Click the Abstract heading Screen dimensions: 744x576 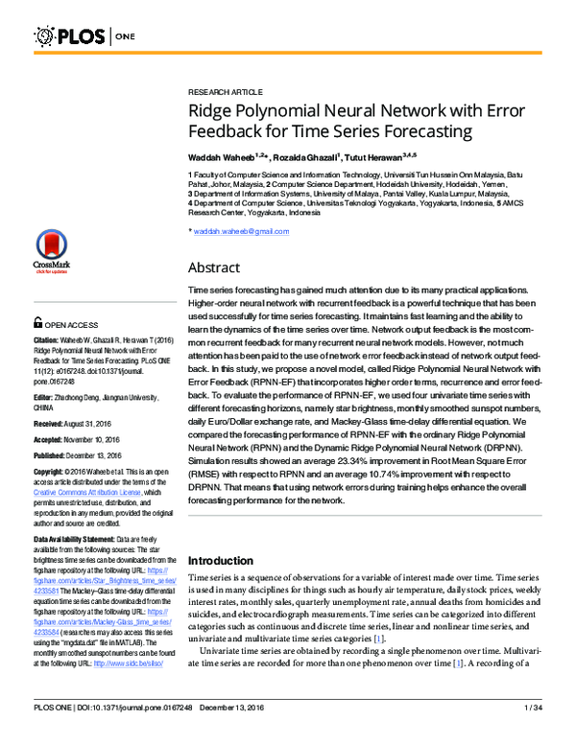(213, 267)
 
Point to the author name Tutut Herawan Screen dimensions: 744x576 (375, 155)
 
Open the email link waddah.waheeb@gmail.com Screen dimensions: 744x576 (241, 231)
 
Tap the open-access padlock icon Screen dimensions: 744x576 (38, 324)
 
